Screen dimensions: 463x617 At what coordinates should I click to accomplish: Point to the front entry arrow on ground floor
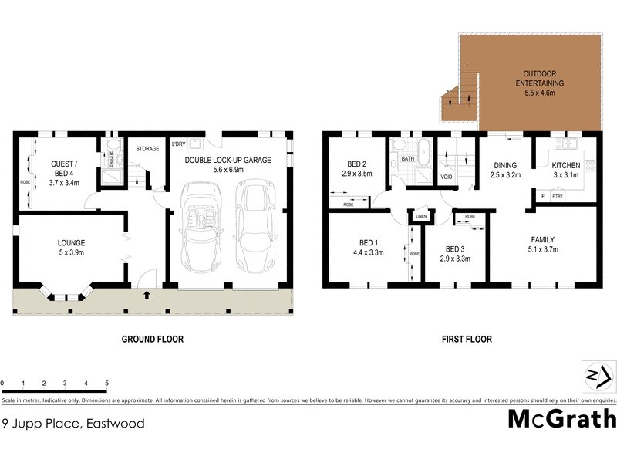(147, 295)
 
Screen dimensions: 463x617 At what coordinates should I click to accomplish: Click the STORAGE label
(147, 148)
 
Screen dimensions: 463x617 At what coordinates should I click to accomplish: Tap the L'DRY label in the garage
(178, 144)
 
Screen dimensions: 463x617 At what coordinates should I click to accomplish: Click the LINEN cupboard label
(420, 216)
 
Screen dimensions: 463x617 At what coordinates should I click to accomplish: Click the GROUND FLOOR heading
(153, 339)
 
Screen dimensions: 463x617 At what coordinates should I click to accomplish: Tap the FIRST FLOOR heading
(467, 339)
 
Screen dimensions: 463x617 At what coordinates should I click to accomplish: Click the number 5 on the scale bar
(106, 383)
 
